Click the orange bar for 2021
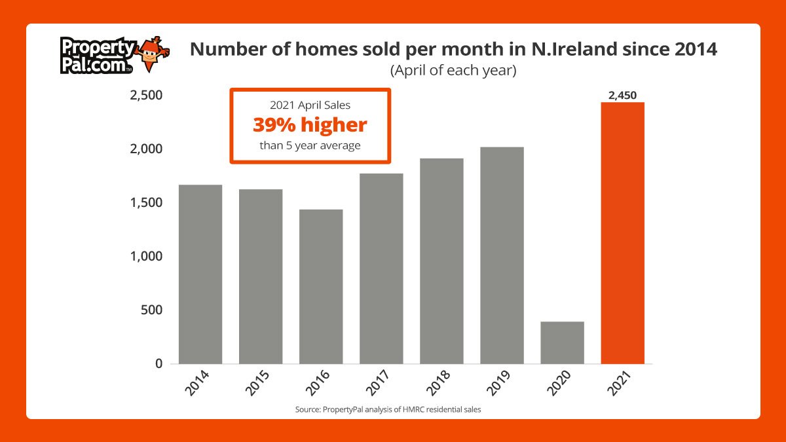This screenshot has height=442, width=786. pos(622,232)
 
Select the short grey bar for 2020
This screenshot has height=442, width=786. pos(562,342)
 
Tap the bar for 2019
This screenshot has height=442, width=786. pos(502,255)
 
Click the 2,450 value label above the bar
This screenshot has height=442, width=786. pos(622,96)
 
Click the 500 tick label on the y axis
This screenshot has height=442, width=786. pos(151,310)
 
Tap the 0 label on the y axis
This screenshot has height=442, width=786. pos(158,363)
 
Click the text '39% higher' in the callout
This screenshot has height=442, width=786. pos(310,125)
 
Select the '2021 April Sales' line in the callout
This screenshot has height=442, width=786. pos(310,105)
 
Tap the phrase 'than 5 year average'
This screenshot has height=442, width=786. pos(310,145)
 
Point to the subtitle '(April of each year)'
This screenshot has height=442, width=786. pos(453,71)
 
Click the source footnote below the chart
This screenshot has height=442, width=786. pos(392,410)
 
